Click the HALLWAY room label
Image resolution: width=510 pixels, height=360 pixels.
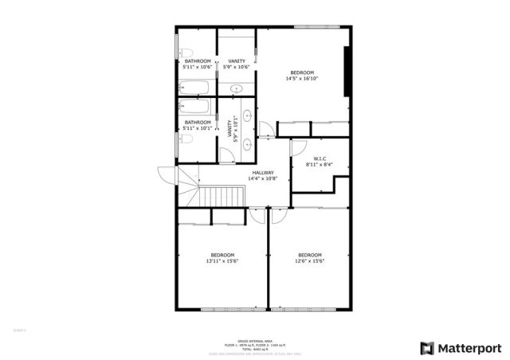263,173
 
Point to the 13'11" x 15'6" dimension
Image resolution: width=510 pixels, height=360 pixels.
222,260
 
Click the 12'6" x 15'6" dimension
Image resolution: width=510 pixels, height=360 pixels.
309,260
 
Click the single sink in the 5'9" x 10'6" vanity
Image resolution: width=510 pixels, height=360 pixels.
237,84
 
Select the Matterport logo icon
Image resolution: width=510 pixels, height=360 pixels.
428,348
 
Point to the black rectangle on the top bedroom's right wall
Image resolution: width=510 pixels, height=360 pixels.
347,72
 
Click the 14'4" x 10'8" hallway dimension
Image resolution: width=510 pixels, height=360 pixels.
263,179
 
